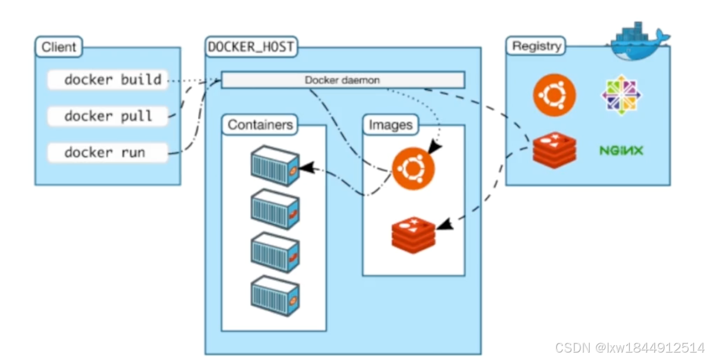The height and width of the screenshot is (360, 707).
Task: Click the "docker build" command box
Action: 108,80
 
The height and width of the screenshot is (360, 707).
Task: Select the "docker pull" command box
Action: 108,116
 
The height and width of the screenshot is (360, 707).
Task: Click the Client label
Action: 59,46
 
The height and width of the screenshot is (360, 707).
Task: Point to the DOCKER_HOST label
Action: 251,46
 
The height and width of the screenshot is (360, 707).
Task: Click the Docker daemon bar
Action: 343,80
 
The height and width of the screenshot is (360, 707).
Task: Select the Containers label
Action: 260,125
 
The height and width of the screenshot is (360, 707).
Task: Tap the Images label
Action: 390,125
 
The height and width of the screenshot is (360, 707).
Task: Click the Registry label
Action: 537,46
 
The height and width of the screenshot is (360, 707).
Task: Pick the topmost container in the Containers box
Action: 275,165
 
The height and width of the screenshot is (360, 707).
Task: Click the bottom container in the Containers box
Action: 275,296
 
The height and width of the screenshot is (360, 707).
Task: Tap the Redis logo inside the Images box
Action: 413,235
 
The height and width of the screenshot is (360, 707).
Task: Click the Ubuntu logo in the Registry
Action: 554,95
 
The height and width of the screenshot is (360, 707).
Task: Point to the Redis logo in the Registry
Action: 554,150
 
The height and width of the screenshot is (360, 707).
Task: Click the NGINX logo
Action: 621,150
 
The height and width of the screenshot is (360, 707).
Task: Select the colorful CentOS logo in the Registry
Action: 621,95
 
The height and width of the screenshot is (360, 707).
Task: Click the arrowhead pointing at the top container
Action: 305,167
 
